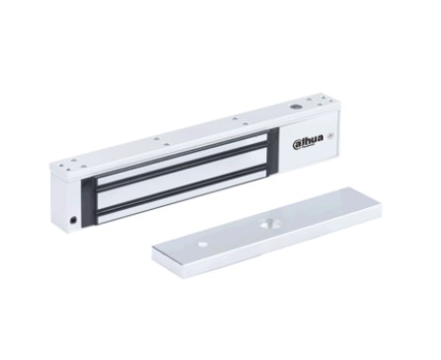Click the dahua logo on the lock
coord(308,140)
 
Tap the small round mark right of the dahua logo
coord(331,135)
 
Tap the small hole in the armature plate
coord(203,245)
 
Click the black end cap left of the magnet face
coord(88,203)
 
